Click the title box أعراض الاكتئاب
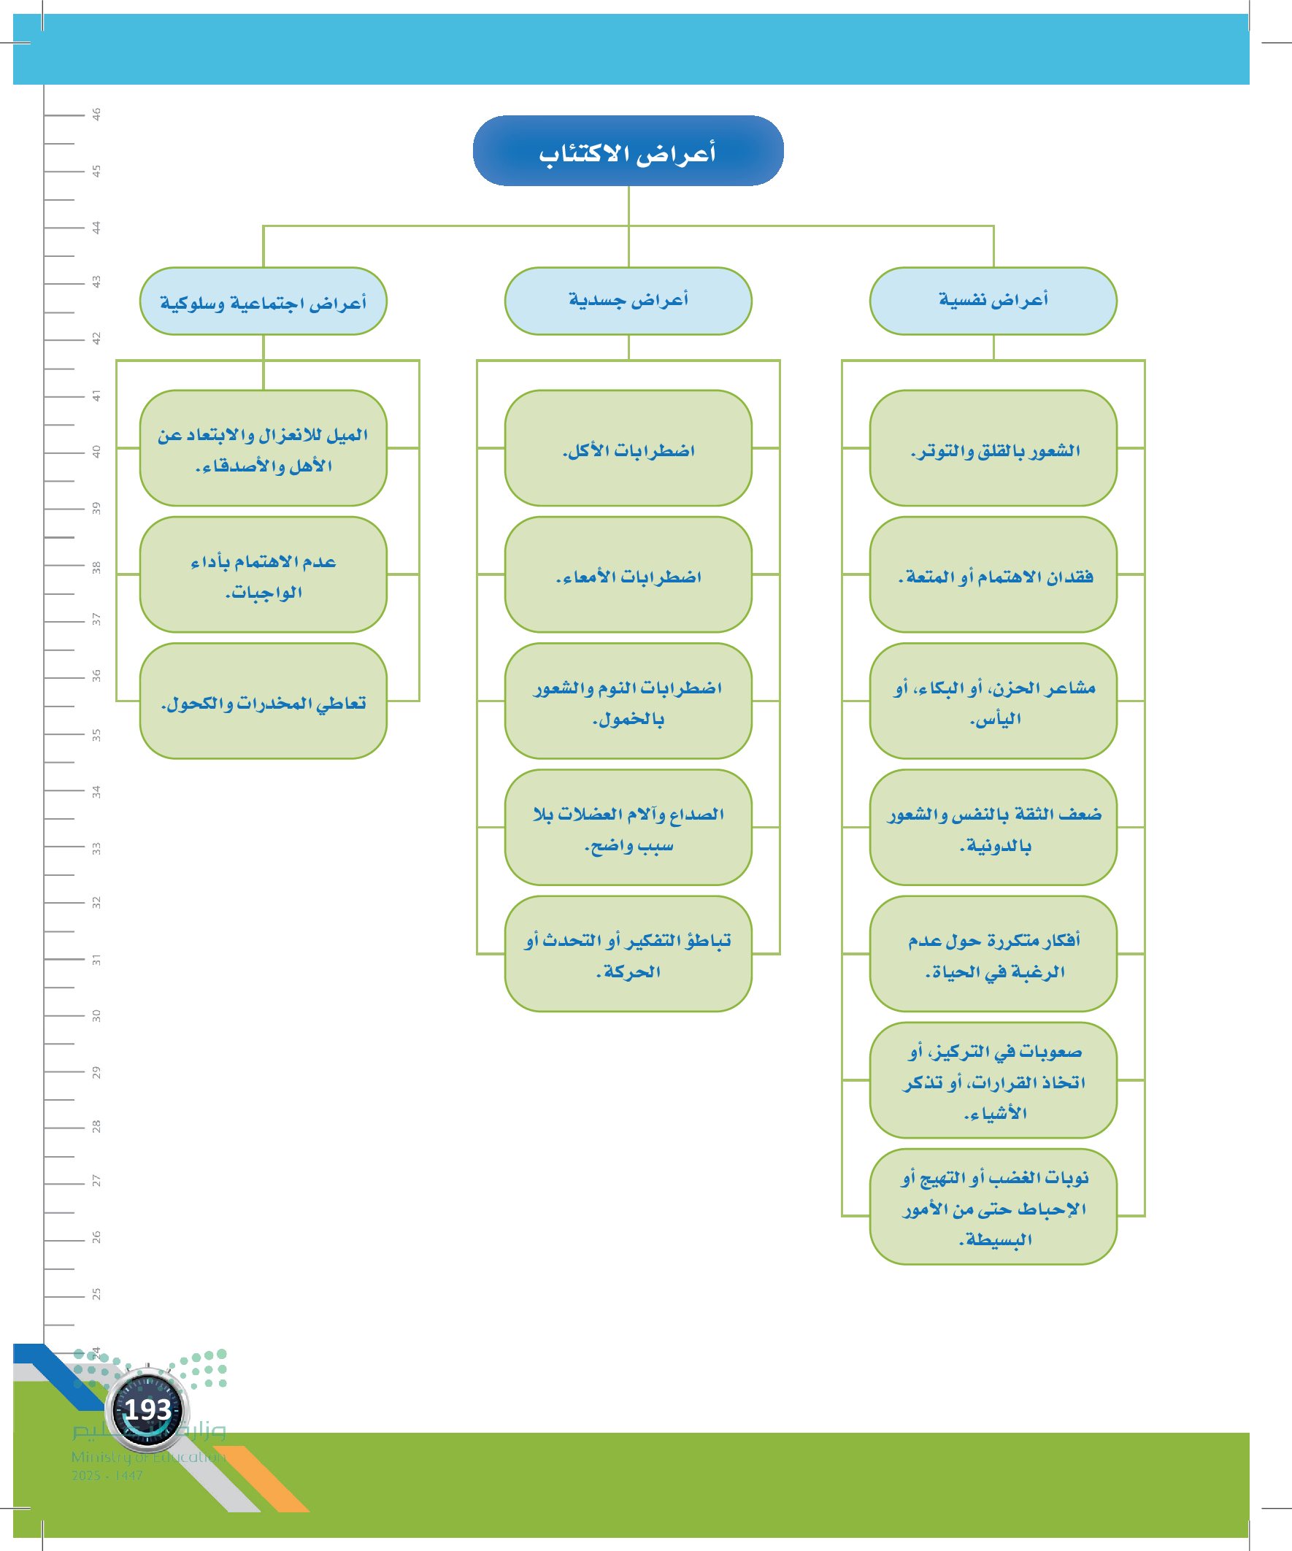(x=628, y=150)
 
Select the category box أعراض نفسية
(x=993, y=301)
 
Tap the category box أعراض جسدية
(x=628, y=301)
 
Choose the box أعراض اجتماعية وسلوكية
(x=263, y=301)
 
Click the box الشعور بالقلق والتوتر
(x=993, y=447)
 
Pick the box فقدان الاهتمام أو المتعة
(x=993, y=574)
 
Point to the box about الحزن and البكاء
(x=993, y=700)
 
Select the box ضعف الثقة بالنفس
(x=993, y=827)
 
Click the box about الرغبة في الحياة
(x=993, y=953)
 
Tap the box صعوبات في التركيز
(x=993, y=1079)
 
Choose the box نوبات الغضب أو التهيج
(x=993, y=1206)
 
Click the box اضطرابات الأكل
(x=628, y=447)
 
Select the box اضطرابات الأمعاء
(x=628, y=574)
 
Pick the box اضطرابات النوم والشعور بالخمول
(x=628, y=700)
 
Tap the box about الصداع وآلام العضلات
(x=628, y=827)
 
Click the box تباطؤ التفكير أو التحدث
(x=628, y=953)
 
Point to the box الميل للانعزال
(x=263, y=447)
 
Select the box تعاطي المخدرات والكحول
(x=263, y=700)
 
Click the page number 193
(x=147, y=1409)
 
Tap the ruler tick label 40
(x=96, y=451)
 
